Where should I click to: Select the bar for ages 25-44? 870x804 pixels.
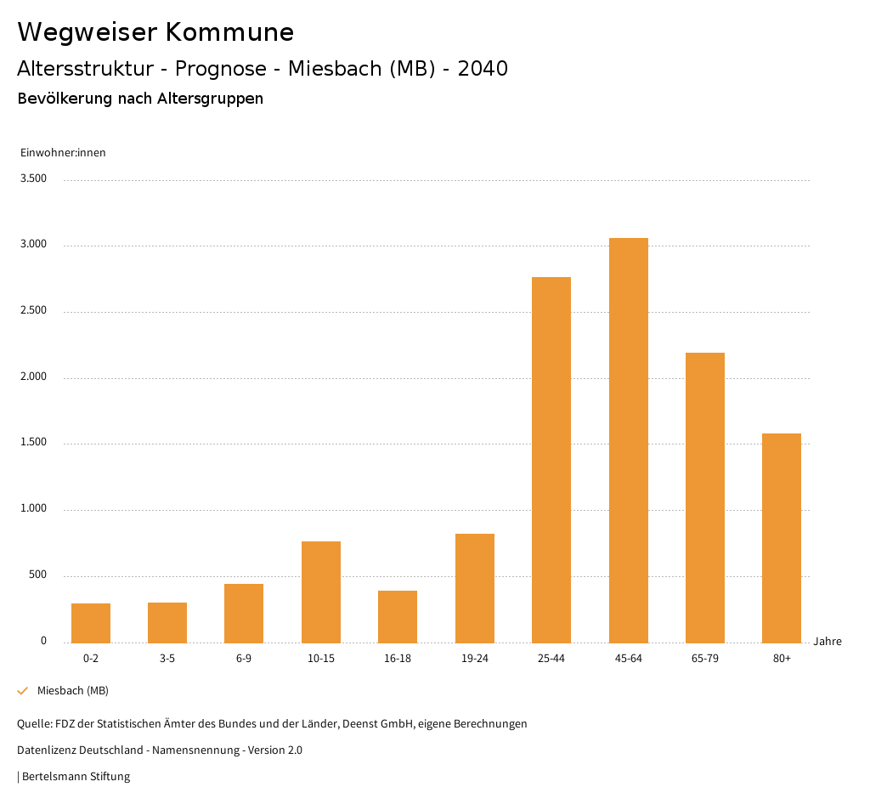click(x=551, y=460)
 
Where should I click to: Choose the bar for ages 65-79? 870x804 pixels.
click(x=705, y=497)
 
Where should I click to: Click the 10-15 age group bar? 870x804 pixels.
click(x=321, y=592)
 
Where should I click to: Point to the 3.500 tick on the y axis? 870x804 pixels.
click(x=34, y=178)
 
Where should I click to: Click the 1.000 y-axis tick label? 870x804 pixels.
click(x=34, y=509)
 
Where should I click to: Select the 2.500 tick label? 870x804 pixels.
click(x=34, y=311)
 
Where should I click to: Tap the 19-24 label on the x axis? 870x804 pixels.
click(x=474, y=659)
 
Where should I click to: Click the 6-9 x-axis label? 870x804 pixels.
click(x=244, y=659)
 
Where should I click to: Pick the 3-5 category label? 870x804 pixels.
click(x=167, y=659)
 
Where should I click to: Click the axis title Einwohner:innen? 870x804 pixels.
click(x=63, y=153)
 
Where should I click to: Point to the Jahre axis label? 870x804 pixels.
click(x=828, y=642)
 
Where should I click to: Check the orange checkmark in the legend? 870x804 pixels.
click(x=23, y=691)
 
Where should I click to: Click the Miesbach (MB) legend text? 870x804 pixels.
click(x=73, y=691)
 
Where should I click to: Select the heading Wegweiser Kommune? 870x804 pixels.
click(x=155, y=32)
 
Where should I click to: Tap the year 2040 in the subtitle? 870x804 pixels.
click(x=483, y=69)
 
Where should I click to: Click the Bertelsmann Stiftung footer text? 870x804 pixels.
click(x=76, y=777)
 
